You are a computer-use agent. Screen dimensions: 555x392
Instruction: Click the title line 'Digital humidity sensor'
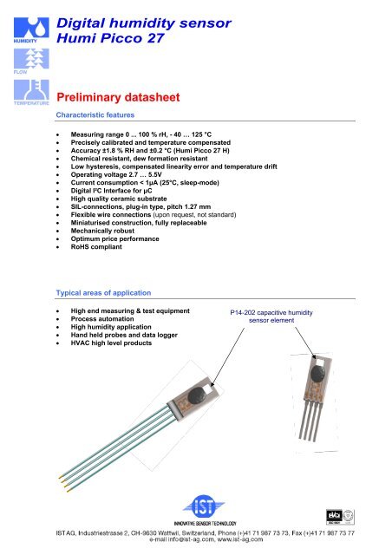tap(153, 23)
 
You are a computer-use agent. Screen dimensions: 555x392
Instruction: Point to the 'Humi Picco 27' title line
tap(121, 40)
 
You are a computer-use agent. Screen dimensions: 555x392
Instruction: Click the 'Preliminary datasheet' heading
tap(127, 99)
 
